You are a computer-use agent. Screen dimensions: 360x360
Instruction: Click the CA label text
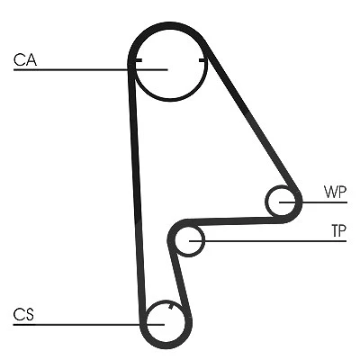(x=25, y=59)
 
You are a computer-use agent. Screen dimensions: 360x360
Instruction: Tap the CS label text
(x=23, y=315)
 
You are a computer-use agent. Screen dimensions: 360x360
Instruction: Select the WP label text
(x=336, y=192)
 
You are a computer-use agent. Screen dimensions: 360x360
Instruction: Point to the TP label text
(x=339, y=230)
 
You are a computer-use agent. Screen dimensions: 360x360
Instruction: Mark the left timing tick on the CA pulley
(x=139, y=60)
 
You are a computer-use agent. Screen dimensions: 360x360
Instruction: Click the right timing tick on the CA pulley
(x=202, y=61)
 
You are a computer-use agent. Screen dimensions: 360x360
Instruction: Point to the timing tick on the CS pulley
(x=171, y=306)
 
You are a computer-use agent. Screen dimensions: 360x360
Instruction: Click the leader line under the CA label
(x=90, y=70)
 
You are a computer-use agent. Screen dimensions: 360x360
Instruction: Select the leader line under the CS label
(x=89, y=325)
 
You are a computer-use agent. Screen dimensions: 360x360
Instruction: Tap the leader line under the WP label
(x=313, y=202)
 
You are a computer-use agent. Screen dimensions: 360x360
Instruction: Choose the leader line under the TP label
(x=268, y=241)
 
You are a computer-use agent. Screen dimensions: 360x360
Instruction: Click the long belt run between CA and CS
(x=137, y=192)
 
